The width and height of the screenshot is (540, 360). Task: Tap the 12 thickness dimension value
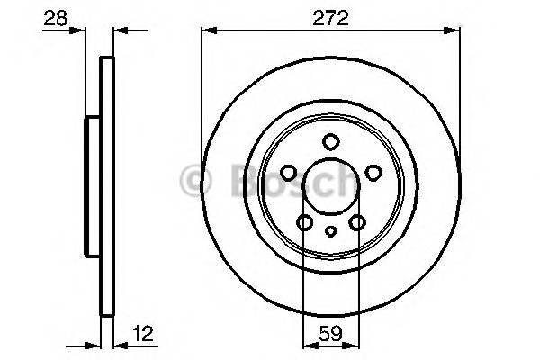[141, 333]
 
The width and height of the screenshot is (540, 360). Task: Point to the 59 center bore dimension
[330, 333]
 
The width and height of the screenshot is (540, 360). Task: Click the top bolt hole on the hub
[330, 141]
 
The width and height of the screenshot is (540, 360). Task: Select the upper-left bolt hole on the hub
[290, 173]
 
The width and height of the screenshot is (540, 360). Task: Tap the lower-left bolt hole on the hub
[305, 222]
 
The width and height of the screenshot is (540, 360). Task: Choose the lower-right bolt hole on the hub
[357, 222]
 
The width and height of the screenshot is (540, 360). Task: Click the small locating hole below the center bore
[330, 232]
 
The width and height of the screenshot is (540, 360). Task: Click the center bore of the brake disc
[330, 187]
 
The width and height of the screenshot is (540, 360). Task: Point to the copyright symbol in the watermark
[193, 180]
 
